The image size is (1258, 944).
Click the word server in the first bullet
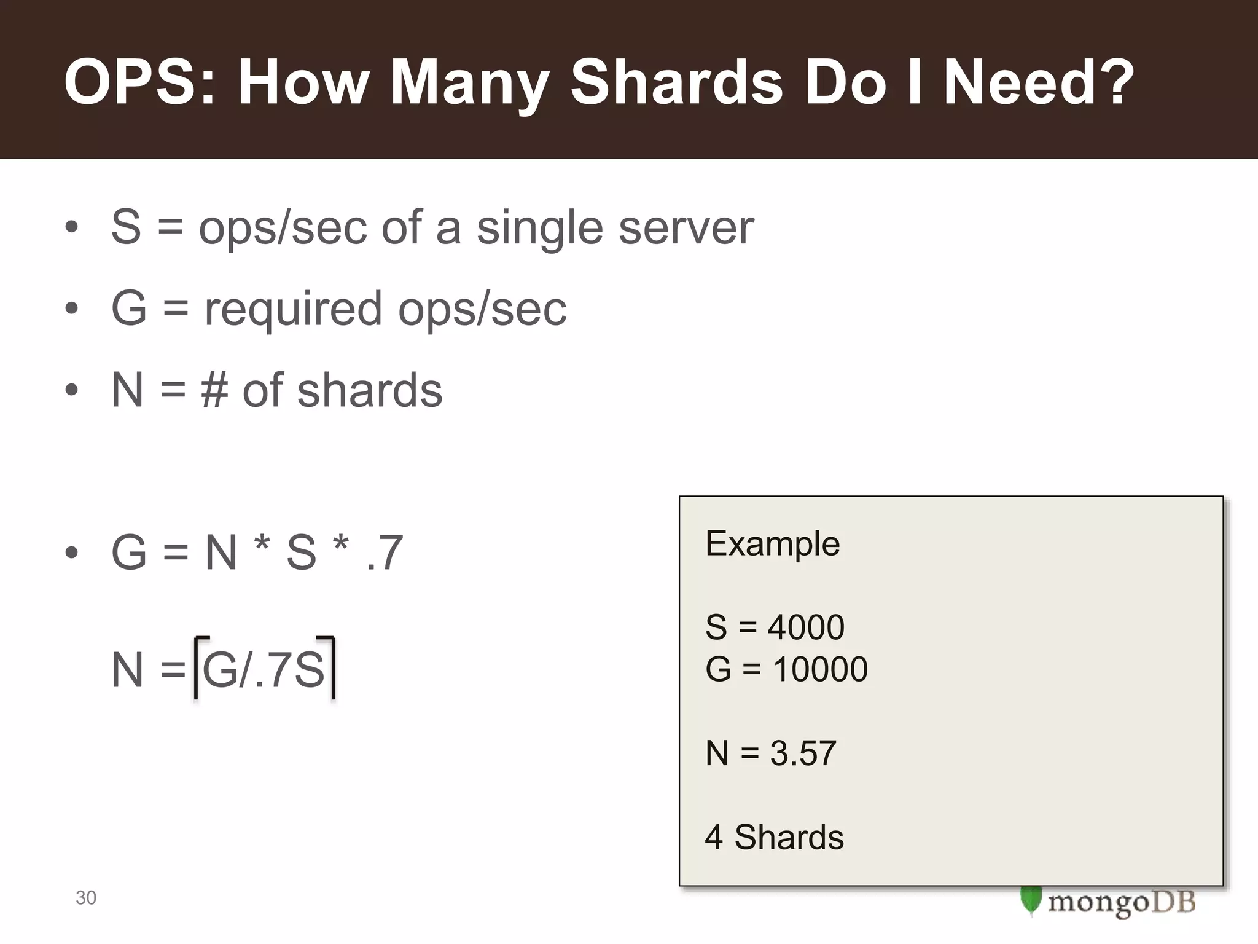pos(686,227)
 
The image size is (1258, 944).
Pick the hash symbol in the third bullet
pos(214,390)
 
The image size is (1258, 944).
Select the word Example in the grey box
pos(772,543)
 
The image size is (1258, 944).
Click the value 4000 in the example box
pos(806,627)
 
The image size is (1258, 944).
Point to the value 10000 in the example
pos(820,669)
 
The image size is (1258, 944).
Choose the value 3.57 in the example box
pos(803,753)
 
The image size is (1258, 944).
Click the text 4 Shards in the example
pos(774,837)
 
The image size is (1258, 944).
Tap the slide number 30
pos(86,898)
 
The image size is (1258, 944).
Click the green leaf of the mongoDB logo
pos(1031,900)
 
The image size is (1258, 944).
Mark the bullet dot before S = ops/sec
pos(72,227)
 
